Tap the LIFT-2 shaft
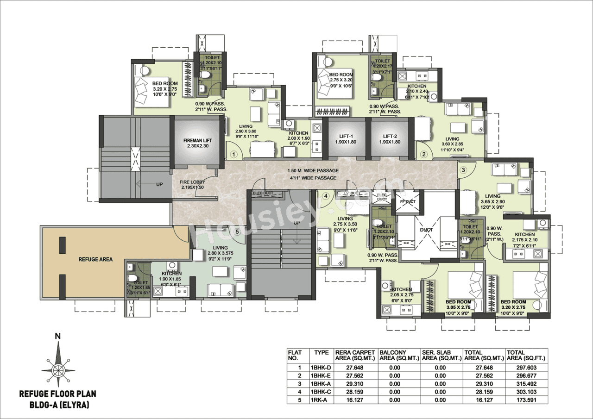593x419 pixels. pos(390,139)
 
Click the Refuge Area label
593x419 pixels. pos(95,259)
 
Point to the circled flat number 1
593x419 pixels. pos(234,154)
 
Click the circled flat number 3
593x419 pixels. pos(463,170)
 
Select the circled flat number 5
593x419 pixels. pos(237,232)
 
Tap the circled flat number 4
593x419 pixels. pos(326,196)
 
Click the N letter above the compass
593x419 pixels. pos(57,337)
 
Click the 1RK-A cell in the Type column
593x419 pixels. pos(319,399)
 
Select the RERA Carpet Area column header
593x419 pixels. pos(354,355)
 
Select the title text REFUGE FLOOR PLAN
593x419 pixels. pos(57,394)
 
